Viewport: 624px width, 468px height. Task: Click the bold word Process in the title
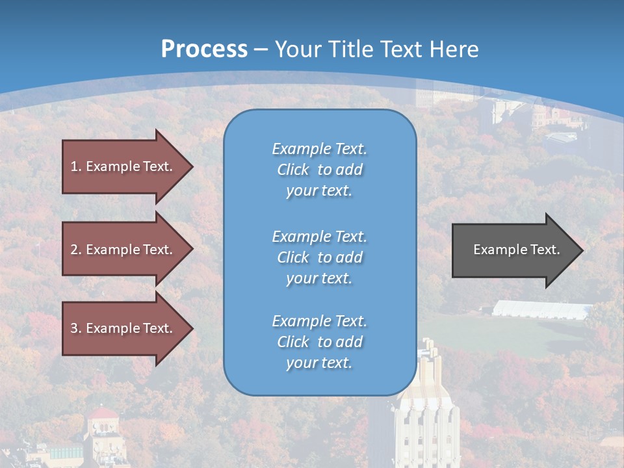click(x=204, y=49)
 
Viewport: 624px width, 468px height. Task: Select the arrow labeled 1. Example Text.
click(x=123, y=166)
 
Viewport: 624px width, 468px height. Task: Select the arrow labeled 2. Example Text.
click(x=123, y=250)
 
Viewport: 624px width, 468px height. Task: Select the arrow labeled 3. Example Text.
click(x=123, y=328)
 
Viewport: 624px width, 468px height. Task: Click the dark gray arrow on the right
click(x=513, y=250)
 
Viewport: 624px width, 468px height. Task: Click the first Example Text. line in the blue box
click(x=319, y=149)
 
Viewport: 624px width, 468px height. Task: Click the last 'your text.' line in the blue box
click(x=319, y=363)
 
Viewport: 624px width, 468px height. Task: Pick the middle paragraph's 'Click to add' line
click(x=319, y=257)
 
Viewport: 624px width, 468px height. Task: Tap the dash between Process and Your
click(x=261, y=49)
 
